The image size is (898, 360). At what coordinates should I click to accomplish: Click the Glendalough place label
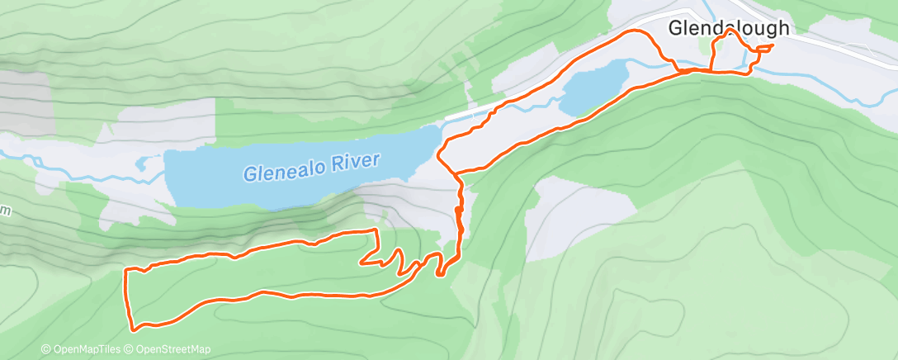point(728,27)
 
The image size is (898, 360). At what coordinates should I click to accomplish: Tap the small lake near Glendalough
point(595,86)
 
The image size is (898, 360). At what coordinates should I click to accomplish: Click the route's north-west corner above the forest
point(125,270)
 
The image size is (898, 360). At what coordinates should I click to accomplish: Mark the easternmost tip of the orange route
point(772,45)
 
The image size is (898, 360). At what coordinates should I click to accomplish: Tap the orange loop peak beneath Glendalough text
point(730,31)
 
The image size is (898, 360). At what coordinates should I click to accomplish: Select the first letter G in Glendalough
point(673,27)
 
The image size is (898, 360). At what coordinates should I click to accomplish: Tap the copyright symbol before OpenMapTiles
point(46,349)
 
